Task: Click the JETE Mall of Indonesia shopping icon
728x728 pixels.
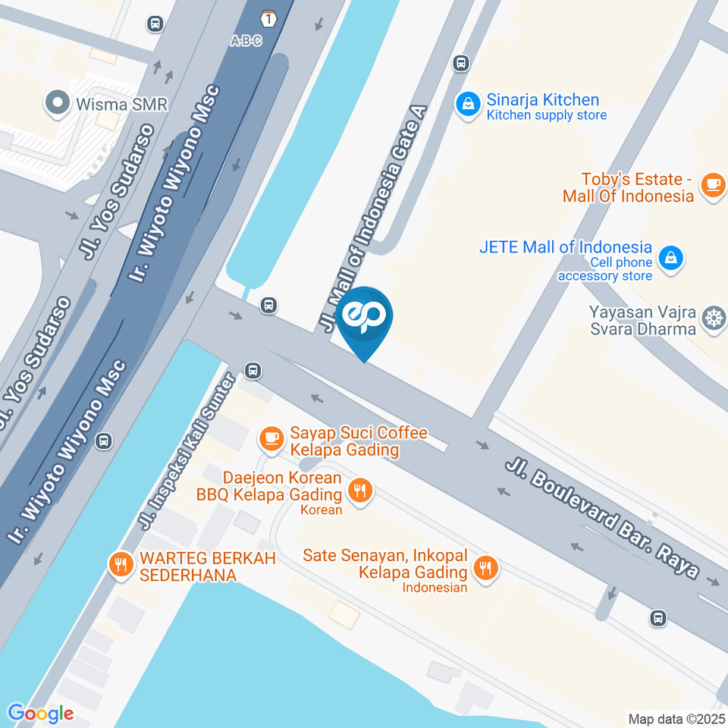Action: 670,258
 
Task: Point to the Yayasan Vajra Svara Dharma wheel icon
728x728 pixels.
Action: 714,319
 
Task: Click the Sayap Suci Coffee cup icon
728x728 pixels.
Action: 270,438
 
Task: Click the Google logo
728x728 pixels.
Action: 40,713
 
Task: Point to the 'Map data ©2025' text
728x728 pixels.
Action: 676,718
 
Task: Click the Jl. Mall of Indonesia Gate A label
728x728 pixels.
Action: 375,220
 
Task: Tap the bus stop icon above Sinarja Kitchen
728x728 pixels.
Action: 460,63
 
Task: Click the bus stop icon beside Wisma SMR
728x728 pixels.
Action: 155,24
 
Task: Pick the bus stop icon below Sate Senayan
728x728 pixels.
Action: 658,618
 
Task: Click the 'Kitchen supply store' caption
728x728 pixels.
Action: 546,115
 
